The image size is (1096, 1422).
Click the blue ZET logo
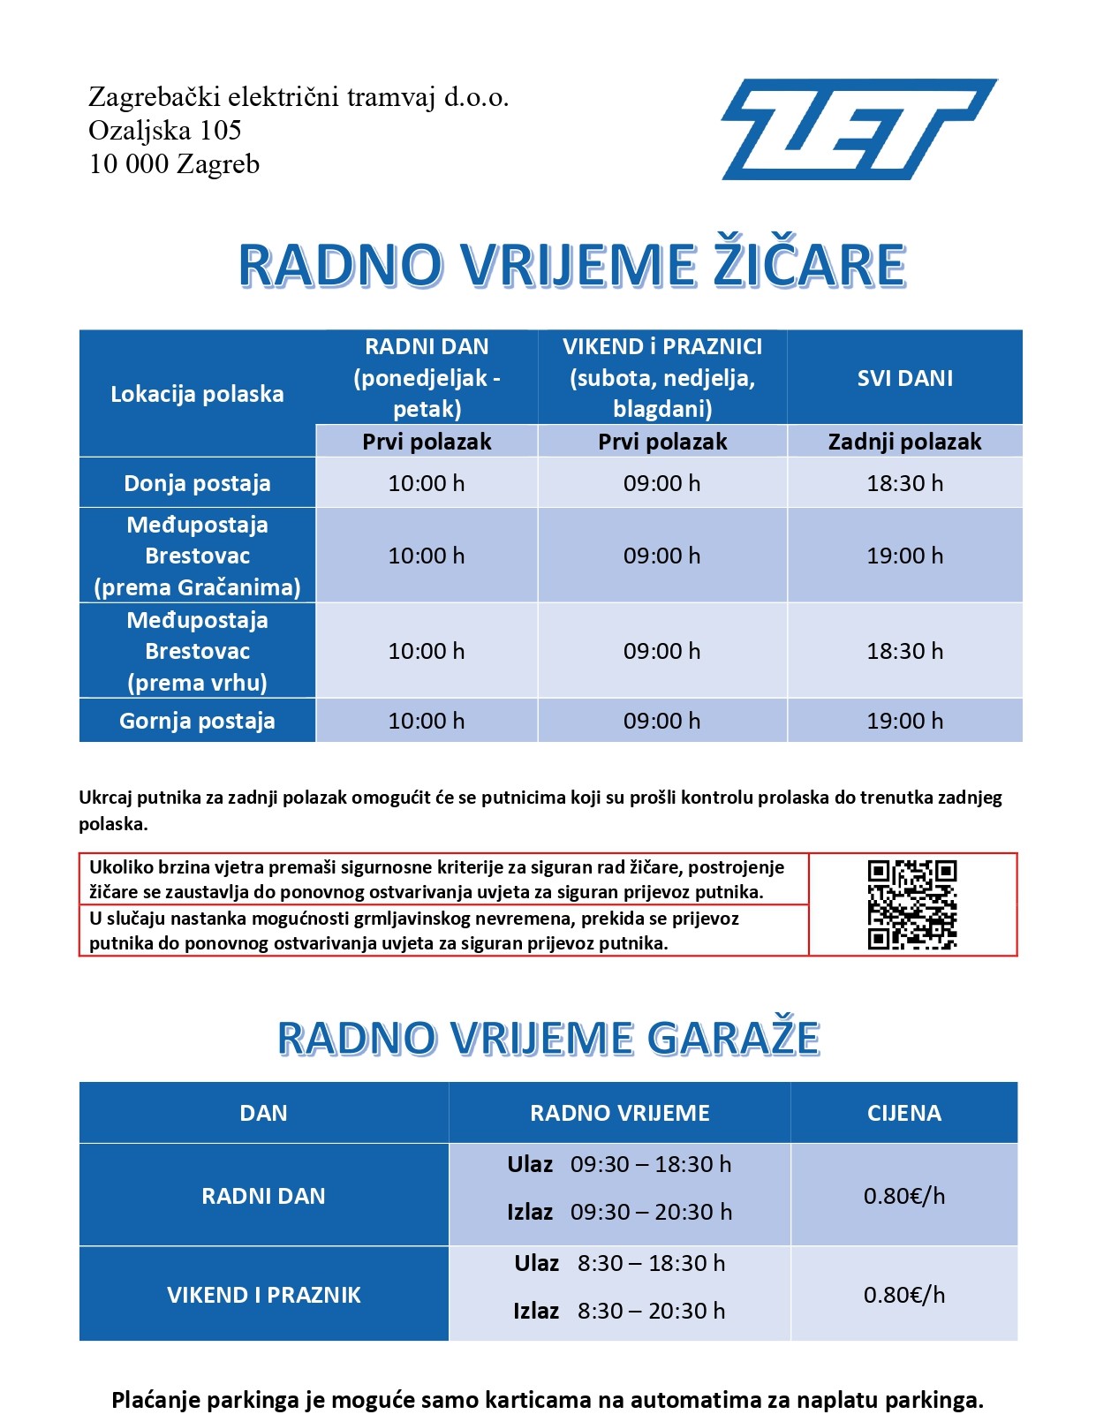click(858, 129)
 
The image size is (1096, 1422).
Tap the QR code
click(912, 904)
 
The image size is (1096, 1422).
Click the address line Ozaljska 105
click(165, 131)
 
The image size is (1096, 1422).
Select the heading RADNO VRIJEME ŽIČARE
click(572, 265)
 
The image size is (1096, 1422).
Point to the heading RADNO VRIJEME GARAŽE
click(548, 1038)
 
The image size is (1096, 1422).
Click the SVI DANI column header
click(904, 378)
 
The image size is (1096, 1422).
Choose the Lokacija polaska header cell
click(197, 394)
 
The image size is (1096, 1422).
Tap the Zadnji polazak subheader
click(904, 442)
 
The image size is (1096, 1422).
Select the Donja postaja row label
click(197, 483)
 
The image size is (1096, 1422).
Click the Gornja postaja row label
click(197, 721)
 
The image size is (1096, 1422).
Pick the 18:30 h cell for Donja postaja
click(904, 483)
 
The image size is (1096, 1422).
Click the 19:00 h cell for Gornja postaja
click(904, 721)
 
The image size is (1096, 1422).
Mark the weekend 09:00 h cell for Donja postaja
click(661, 483)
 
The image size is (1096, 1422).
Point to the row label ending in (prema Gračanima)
click(197, 556)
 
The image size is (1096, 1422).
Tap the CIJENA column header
click(903, 1113)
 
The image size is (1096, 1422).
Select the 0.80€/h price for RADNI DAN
click(903, 1196)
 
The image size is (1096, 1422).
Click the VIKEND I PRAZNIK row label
click(263, 1295)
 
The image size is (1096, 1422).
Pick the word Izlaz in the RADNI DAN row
click(530, 1212)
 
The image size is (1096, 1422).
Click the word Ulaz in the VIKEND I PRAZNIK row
click(536, 1263)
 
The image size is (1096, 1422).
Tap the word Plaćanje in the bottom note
click(155, 1400)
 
